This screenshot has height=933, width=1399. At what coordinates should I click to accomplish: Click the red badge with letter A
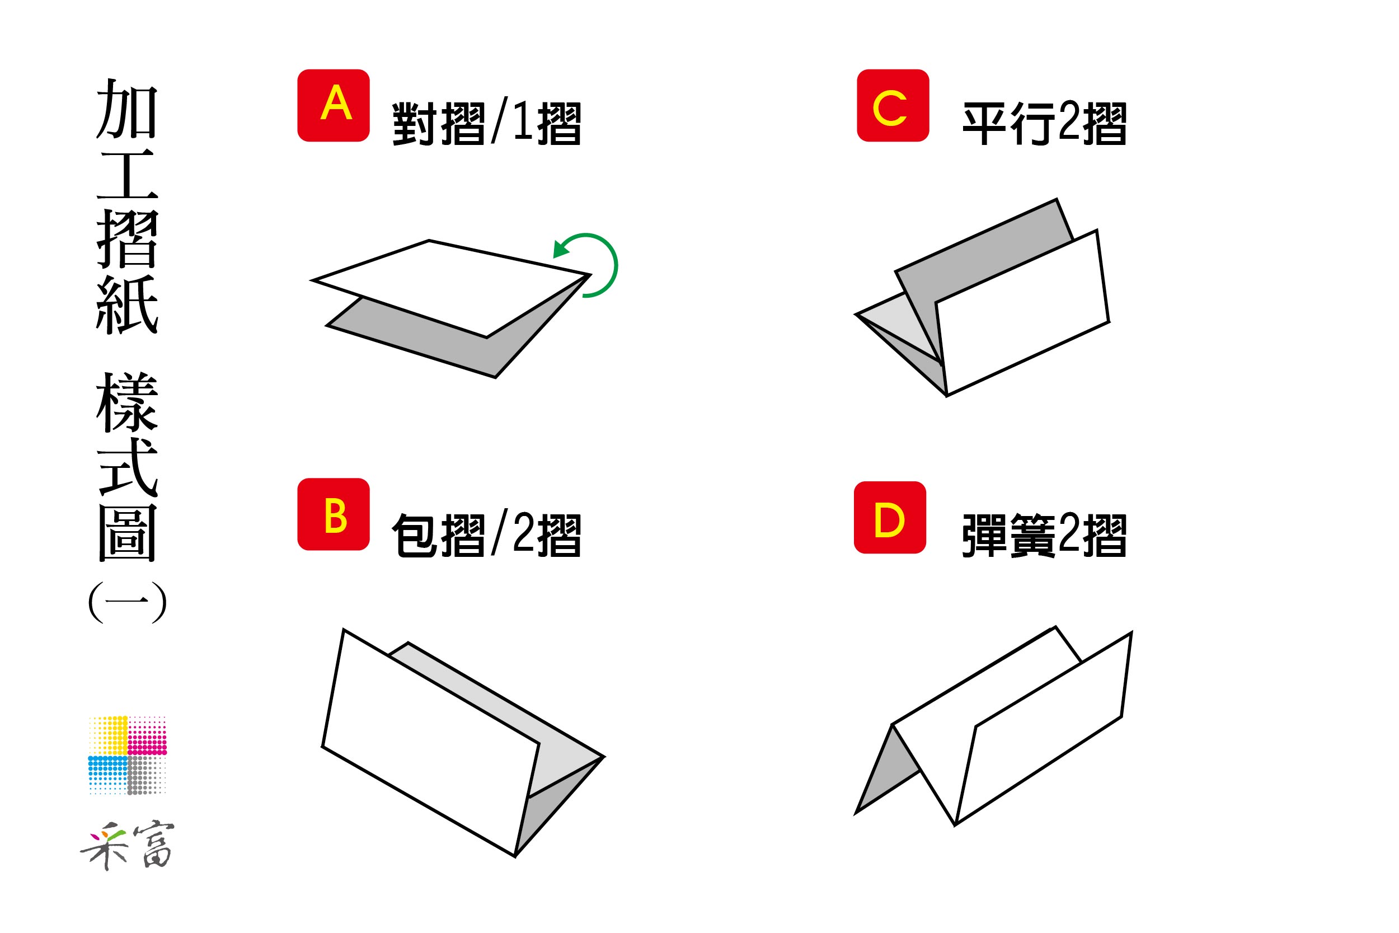coord(333,105)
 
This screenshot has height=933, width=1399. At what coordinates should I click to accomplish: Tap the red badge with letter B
coord(333,514)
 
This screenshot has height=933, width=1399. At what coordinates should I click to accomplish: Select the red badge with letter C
coord(893,105)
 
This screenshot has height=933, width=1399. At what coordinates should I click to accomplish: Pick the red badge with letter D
coord(890,518)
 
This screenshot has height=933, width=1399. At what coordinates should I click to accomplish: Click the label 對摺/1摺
coord(486,124)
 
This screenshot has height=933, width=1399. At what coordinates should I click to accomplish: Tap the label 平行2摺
coord(1044,124)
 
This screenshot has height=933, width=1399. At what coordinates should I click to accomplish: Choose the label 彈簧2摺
coord(1044,536)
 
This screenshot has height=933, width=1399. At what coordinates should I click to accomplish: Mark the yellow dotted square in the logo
coord(108,735)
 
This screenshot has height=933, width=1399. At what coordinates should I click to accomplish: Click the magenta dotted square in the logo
coord(148,735)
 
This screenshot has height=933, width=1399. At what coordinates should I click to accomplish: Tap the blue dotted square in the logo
coord(108,775)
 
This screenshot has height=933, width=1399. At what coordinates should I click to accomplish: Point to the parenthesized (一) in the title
coord(127,602)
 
